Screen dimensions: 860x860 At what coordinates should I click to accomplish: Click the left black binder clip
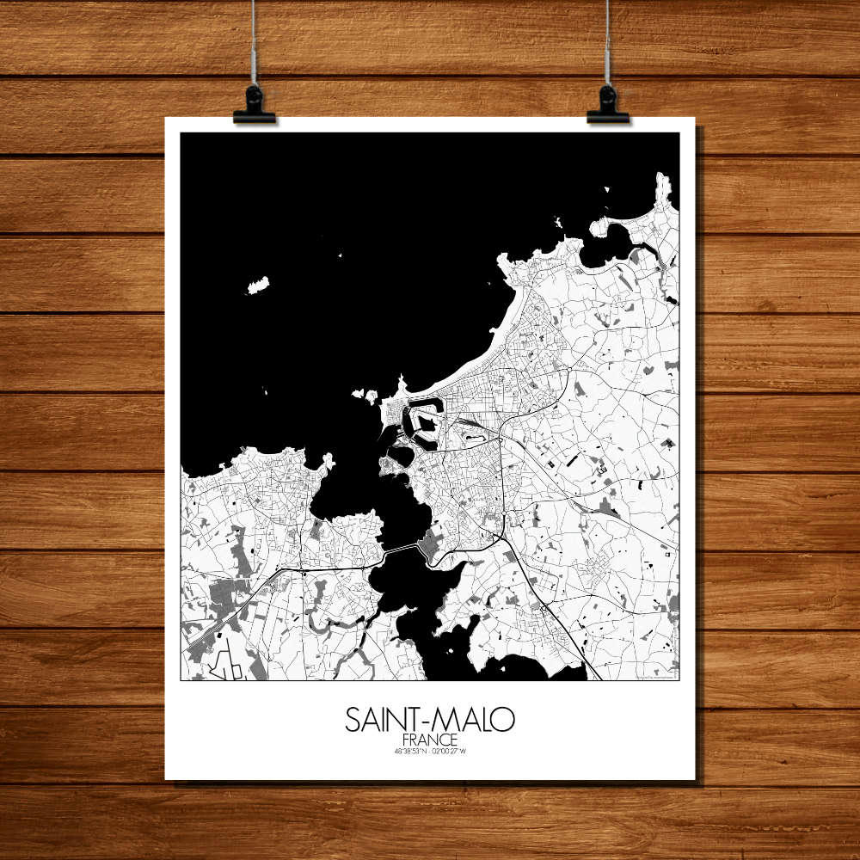254,105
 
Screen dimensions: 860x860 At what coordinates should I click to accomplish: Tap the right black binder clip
608,105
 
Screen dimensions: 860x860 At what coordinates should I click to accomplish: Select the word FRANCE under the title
429,740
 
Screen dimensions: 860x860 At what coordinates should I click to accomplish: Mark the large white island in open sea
257,285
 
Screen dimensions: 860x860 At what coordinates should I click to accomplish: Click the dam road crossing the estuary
400,549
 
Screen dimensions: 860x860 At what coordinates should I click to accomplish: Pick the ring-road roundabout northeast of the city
568,371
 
